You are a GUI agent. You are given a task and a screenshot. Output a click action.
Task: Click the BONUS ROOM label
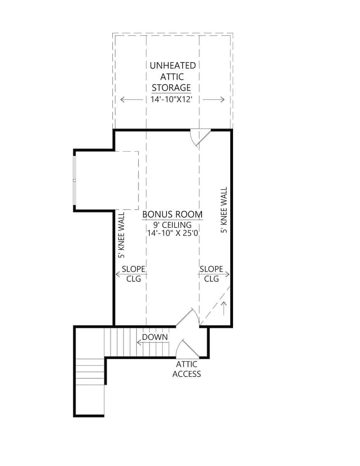point(172,214)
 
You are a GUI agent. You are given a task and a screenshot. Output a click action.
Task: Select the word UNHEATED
point(172,65)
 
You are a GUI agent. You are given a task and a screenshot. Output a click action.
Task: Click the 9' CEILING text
point(172,224)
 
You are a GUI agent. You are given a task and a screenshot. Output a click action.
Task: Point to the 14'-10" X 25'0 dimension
point(172,233)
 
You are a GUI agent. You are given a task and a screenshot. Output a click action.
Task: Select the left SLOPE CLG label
point(133,273)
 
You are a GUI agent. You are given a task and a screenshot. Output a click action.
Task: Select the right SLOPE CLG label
point(211,273)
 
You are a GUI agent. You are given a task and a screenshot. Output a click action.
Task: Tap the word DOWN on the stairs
point(155,337)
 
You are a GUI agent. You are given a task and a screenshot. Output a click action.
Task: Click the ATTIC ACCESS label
point(186,369)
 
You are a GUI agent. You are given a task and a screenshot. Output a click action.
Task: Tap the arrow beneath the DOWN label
point(152,343)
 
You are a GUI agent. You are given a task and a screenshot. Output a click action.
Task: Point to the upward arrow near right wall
point(224,308)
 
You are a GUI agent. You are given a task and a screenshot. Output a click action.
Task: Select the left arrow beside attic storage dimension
point(131,99)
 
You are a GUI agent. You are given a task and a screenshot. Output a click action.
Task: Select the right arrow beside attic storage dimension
point(214,99)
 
